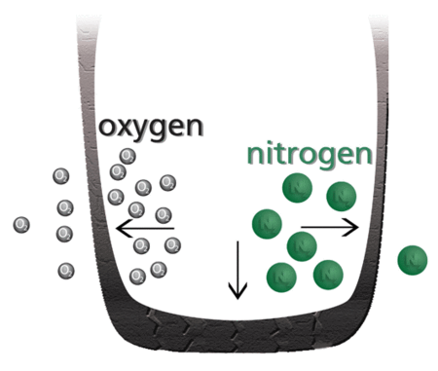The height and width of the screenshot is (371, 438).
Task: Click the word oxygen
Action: [150, 129]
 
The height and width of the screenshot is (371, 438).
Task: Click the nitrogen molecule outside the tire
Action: [414, 258]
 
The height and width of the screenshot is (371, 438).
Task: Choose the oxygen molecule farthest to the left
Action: [21, 225]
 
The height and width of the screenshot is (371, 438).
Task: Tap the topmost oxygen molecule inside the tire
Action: [128, 156]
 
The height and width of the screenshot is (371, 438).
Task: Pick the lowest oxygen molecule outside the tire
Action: [66, 269]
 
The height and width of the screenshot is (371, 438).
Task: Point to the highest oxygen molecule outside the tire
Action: [60, 176]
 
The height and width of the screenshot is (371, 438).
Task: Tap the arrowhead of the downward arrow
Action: [235, 292]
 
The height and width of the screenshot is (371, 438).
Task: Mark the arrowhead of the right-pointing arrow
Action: [354, 227]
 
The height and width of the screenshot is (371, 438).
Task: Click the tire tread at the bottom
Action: [234, 322]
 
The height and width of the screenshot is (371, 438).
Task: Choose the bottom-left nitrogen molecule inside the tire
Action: [281, 276]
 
